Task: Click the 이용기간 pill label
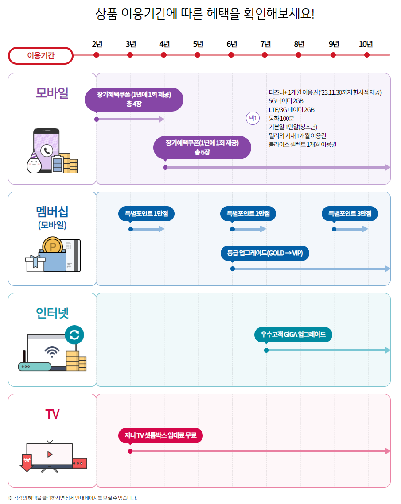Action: pyautogui.click(x=41, y=56)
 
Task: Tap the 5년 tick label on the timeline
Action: pyautogui.click(x=198, y=44)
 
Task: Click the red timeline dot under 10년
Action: pyautogui.click(x=367, y=55)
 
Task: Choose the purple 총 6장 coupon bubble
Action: pyautogui.click(x=202, y=147)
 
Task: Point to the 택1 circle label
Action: pyautogui.click(x=253, y=118)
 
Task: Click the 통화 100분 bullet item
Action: pyautogui.click(x=281, y=118)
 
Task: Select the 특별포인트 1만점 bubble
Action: pyautogui.click(x=146, y=214)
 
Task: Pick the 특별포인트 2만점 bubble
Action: pyautogui.click(x=248, y=214)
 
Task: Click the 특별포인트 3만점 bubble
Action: pyautogui.click(x=350, y=214)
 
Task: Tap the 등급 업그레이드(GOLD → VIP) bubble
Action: pyautogui.click(x=265, y=254)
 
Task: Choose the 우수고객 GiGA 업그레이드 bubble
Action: pyautogui.click(x=293, y=335)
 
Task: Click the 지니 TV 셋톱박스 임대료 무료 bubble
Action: pyautogui.click(x=160, y=436)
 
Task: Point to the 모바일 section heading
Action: pyautogui.click(x=52, y=93)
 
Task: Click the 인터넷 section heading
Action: pyautogui.click(x=52, y=313)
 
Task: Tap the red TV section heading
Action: pyautogui.click(x=52, y=414)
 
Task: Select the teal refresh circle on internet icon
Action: pyautogui.click(x=74, y=335)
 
